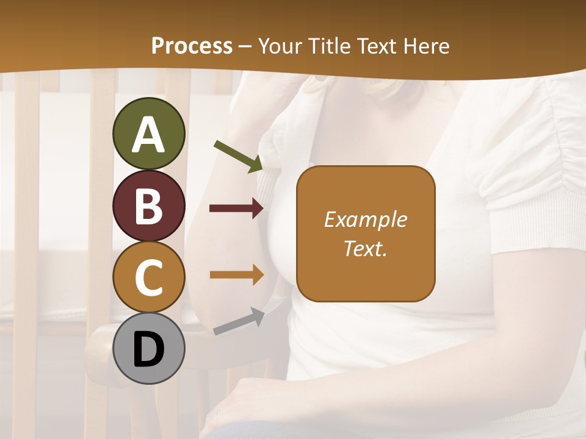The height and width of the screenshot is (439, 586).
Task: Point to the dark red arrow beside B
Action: pos(236,209)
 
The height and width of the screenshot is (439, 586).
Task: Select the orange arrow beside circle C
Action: pos(236,274)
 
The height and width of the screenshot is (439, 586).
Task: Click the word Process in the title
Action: pos(192,46)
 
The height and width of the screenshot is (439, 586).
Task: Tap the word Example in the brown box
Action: pos(365,220)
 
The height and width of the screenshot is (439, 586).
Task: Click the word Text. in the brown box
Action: pos(365,248)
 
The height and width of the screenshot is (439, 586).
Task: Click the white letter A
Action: pos(148,134)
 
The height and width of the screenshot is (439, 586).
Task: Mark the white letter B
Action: pos(148,206)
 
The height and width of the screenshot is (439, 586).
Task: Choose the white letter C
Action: pos(148,277)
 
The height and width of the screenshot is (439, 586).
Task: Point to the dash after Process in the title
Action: pos(245,47)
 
